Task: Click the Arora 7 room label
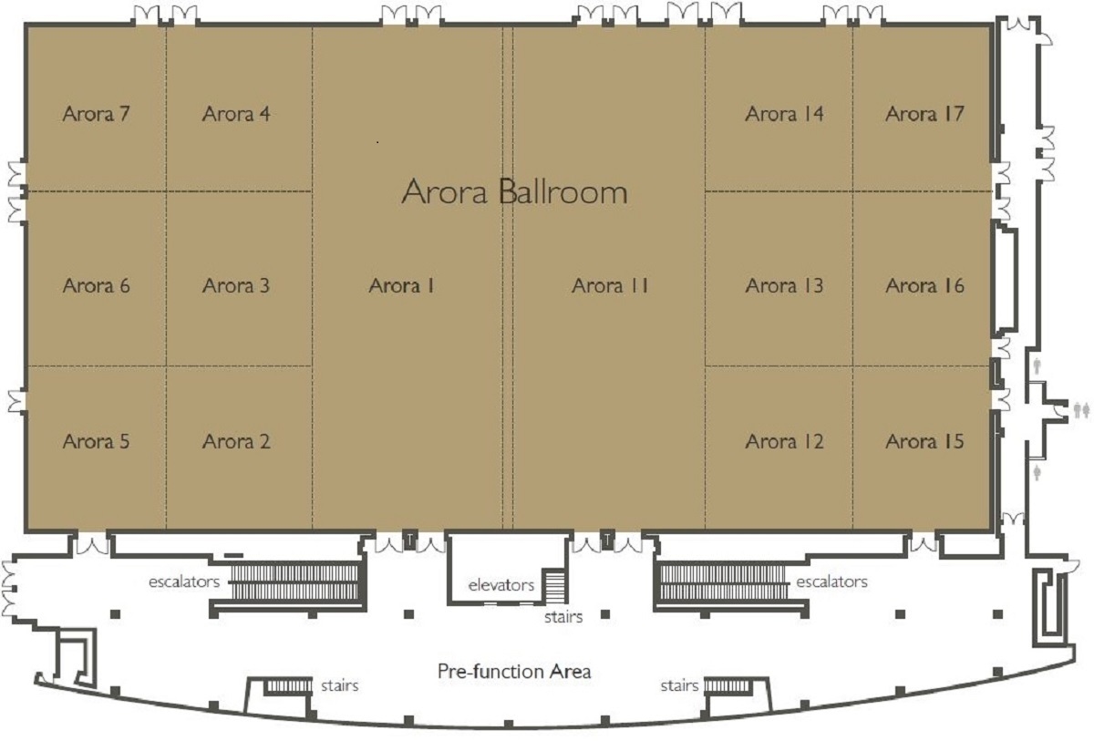(x=97, y=114)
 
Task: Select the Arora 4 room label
(x=236, y=114)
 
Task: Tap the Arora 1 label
(x=401, y=285)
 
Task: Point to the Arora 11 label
(x=610, y=285)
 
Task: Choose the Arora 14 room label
(x=784, y=114)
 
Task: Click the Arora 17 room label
(x=925, y=114)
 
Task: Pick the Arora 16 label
(x=925, y=285)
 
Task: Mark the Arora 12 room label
(x=784, y=441)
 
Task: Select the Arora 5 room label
(x=97, y=441)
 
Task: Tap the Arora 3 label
(x=236, y=285)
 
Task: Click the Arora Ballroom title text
(x=514, y=191)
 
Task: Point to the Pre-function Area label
(x=514, y=671)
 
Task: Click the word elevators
(x=501, y=585)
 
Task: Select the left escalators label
(x=184, y=581)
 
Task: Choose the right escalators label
(x=832, y=581)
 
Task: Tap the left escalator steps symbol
(x=294, y=581)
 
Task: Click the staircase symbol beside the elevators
(x=555, y=587)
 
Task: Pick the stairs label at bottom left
(x=340, y=685)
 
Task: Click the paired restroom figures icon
(x=1082, y=410)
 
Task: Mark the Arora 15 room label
(x=925, y=441)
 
